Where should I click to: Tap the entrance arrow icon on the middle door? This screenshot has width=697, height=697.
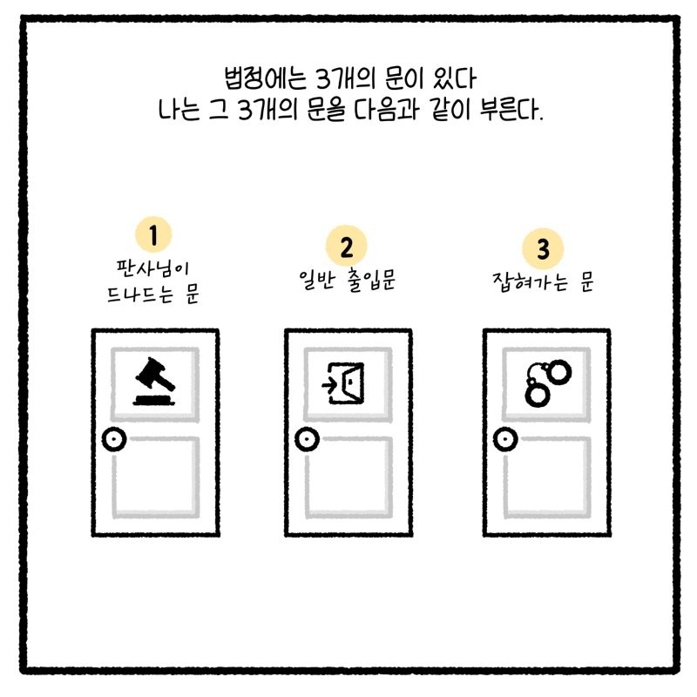(x=343, y=382)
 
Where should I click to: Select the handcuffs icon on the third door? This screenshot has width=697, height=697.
(x=548, y=383)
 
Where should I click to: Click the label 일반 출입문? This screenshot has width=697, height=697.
(x=347, y=281)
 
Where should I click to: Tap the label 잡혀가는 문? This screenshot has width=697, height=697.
(x=543, y=281)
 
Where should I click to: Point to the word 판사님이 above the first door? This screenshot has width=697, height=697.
(x=153, y=268)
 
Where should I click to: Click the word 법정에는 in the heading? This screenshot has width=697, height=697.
(x=266, y=78)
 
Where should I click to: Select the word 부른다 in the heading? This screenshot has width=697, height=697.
(x=511, y=110)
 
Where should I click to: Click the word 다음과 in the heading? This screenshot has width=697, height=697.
(x=386, y=110)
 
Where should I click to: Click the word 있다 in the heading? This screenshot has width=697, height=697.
(x=454, y=78)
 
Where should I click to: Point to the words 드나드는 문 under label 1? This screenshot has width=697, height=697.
(x=153, y=294)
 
